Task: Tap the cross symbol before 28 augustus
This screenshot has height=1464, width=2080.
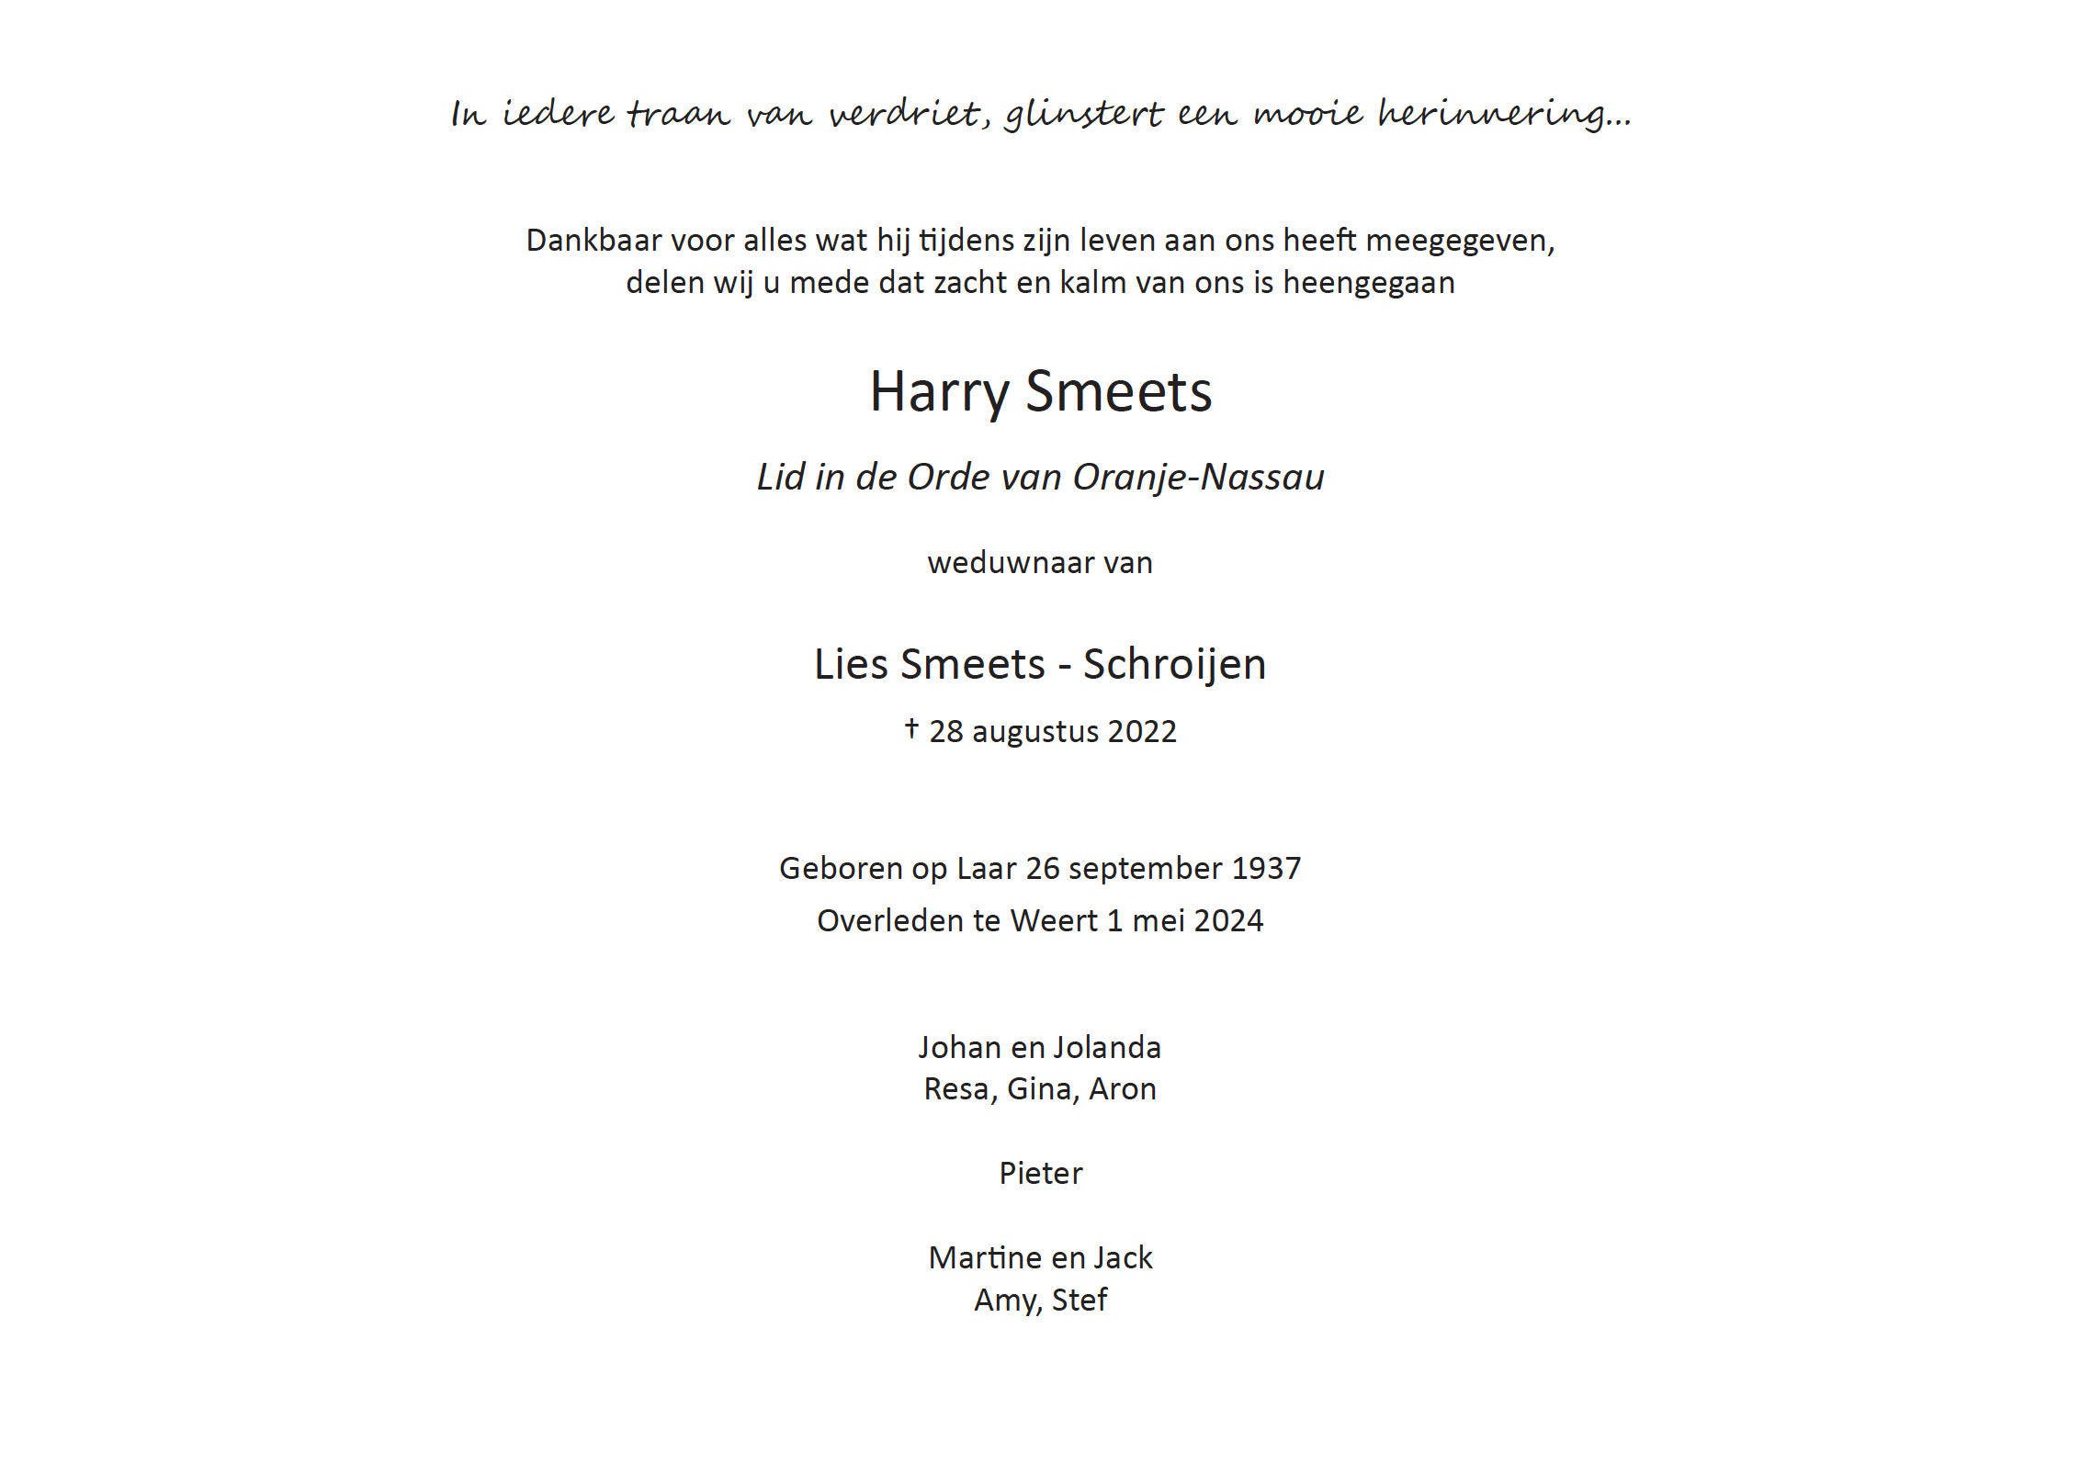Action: pos(911,728)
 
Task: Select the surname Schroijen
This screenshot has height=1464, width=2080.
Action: pos(1174,664)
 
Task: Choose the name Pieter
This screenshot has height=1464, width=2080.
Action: pos(1040,1173)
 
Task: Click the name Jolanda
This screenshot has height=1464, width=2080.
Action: pos(1107,1047)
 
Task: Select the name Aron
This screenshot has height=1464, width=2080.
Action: pos(1122,1088)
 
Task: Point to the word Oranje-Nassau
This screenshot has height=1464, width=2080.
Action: pos(1198,477)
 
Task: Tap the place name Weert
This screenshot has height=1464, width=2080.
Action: pos(1054,920)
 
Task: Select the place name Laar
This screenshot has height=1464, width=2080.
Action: pos(987,868)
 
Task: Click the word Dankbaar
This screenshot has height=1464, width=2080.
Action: pos(593,240)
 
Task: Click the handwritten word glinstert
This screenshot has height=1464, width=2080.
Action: pos(1084,114)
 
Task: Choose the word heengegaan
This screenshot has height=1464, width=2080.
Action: pos(1368,283)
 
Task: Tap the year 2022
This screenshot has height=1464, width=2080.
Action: pos(1142,731)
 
